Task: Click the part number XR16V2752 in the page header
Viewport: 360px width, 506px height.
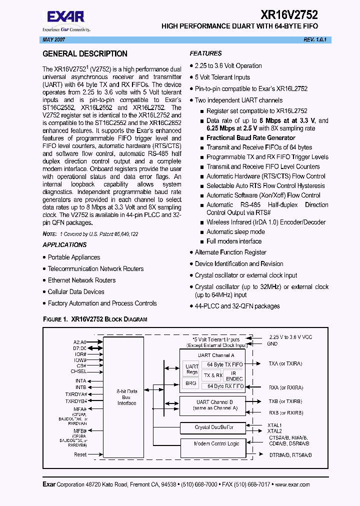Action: [x=289, y=15]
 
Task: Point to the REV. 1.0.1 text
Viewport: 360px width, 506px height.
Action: [x=314, y=39]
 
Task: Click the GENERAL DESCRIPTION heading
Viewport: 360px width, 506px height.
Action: [x=85, y=54]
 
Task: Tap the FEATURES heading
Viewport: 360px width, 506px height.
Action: [x=205, y=53]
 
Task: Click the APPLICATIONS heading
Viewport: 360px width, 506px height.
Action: [x=64, y=245]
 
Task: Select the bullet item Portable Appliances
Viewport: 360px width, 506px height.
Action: [x=74, y=257]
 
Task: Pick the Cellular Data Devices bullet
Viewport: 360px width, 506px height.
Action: [x=76, y=292]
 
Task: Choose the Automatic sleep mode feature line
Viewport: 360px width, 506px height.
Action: [x=235, y=232]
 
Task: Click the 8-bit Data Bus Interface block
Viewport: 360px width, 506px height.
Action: [x=126, y=397]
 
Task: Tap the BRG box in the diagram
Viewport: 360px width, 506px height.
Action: [x=190, y=383]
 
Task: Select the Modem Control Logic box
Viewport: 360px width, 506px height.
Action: [x=216, y=444]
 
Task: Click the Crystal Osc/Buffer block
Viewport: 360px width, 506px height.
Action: [x=213, y=427]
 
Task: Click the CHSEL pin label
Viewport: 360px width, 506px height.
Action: [x=78, y=371]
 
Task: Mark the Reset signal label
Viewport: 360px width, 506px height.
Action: [x=80, y=455]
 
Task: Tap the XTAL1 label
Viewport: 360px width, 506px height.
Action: [x=274, y=425]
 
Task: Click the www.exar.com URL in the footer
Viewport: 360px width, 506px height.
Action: [x=292, y=484]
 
